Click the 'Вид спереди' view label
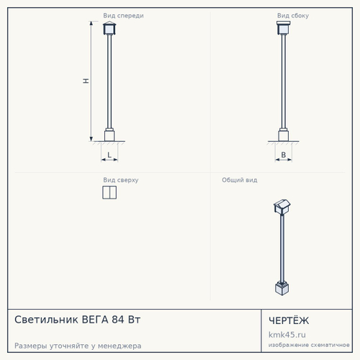coord(123,16)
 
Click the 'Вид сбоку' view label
coord(293,16)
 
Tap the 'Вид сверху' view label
coord(121,180)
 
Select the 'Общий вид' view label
coord(240,180)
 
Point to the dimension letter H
coord(86,81)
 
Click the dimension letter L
coord(109,155)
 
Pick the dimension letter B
coord(284,155)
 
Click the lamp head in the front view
coord(109,28)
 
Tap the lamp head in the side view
coord(284,28)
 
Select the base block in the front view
coord(109,135)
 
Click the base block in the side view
coord(284,135)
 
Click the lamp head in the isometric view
coord(282,207)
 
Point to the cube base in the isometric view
coord(282,288)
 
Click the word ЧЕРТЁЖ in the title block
coord(289,320)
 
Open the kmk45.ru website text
coord(287,335)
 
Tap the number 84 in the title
coord(118,320)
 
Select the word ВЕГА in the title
coord(95,320)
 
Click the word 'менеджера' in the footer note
coord(120,346)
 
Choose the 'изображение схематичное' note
coord(309,345)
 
